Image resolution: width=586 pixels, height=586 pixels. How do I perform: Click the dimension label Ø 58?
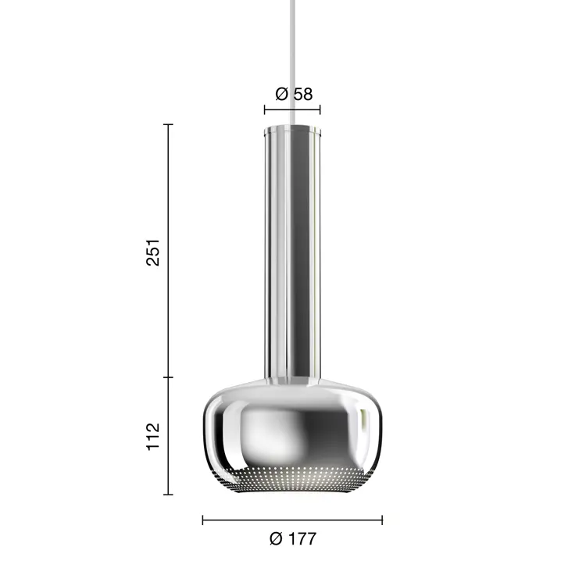[x=293, y=94]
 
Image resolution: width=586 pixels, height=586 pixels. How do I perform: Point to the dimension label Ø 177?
[x=293, y=539]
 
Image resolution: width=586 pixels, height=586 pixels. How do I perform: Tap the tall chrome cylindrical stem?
[x=293, y=250]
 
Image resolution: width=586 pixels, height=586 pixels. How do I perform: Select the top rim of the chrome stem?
[x=293, y=127]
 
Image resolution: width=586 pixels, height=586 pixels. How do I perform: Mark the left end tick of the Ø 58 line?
[x=265, y=110]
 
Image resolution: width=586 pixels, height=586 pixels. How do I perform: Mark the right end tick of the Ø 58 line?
[x=320, y=110]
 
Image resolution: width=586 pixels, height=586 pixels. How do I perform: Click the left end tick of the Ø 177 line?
[x=203, y=520]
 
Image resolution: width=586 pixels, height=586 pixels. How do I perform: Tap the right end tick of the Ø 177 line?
[x=382, y=520]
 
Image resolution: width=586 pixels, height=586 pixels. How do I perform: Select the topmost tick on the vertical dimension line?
[x=168, y=124]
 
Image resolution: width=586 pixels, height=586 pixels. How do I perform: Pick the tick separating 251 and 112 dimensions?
[x=168, y=377]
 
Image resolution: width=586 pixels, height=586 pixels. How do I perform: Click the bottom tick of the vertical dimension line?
[x=168, y=494]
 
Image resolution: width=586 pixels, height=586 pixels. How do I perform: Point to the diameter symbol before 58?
[x=281, y=94]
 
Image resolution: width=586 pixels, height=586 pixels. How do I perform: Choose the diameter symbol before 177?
[x=275, y=539]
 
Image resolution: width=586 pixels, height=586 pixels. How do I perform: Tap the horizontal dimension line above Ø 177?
[x=293, y=520]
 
